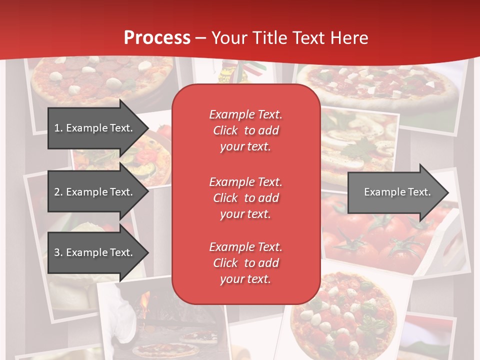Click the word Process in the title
(x=157, y=38)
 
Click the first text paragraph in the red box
(x=245, y=130)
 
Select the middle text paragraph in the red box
(x=245, y=198)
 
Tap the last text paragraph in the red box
(x=245, y=263)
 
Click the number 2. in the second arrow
(x=58, y=192)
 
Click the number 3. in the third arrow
(x=58, y=252)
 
